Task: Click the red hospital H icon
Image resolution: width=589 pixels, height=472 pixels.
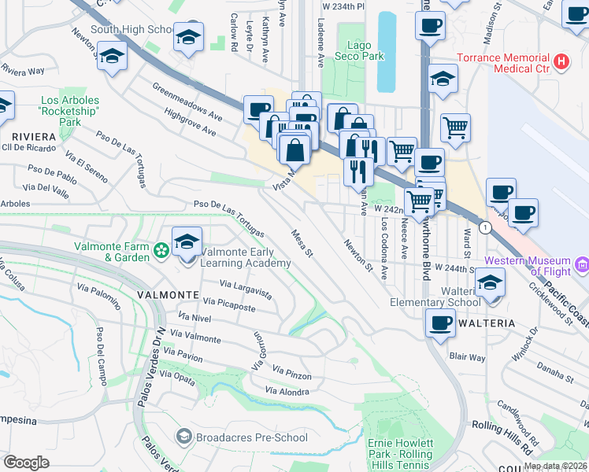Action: pos(561,61)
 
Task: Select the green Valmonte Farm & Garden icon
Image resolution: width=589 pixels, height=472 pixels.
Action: pos(161,251)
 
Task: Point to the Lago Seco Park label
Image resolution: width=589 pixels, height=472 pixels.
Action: pos(359,51)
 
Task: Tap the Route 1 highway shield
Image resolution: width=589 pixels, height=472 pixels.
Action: pos(487,227)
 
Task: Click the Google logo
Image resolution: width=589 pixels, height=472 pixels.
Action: pos(27,462)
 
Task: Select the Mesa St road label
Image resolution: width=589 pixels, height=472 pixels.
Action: pos(302,243)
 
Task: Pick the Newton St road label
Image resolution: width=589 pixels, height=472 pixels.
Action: pos(357,255)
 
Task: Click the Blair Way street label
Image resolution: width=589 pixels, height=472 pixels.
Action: pos(467,356)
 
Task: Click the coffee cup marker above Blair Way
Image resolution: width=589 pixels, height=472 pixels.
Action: pos(440,322)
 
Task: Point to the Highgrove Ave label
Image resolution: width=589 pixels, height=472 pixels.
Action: pos(188,122)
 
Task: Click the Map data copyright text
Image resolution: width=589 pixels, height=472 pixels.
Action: pos(555,466)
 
